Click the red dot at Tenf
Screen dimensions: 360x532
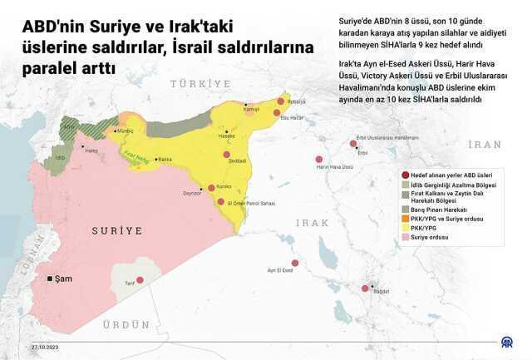click(140, 281)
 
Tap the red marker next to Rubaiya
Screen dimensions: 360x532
click(281, 101)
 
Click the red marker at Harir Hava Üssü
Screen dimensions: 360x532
click(318, 160)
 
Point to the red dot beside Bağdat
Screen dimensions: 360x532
click(365, 288)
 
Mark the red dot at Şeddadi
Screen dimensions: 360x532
click(225, 154)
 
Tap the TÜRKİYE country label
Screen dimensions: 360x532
click(199, 85)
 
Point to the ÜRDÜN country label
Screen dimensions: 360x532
click(124, 325)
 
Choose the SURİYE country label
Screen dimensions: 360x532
click(116, 230)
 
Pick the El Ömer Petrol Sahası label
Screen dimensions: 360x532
click(246, 202)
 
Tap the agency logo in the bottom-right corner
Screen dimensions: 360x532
click(505, 343)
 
